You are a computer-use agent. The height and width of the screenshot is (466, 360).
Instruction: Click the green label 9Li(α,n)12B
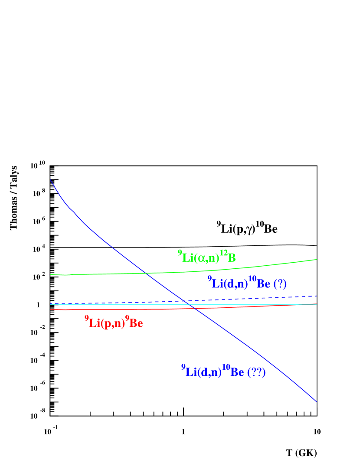[x=207, y=257]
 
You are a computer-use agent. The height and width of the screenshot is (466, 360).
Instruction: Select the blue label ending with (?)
[x=247, y=283]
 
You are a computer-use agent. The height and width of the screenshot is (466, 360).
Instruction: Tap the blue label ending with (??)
[x=223, y=371]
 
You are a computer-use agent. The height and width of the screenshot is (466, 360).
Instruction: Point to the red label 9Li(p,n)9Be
[x=114, y=323]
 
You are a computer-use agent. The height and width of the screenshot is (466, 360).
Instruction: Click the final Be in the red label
[x=136, y=323]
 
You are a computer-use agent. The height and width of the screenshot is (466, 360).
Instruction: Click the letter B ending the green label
[x=232, y=258]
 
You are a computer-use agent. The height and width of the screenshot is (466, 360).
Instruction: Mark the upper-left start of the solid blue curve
[x=50, y=179]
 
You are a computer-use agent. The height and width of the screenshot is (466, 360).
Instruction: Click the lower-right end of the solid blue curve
[x=317, y=401]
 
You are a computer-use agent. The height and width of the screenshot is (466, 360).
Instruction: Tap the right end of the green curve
[x=317, y=259]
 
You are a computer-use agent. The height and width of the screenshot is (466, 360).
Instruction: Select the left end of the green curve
[x=51, y=274]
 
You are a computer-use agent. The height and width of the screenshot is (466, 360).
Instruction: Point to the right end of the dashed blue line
[x=317, y=296]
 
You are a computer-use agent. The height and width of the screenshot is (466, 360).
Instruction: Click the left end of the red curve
[x=51, y=310]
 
